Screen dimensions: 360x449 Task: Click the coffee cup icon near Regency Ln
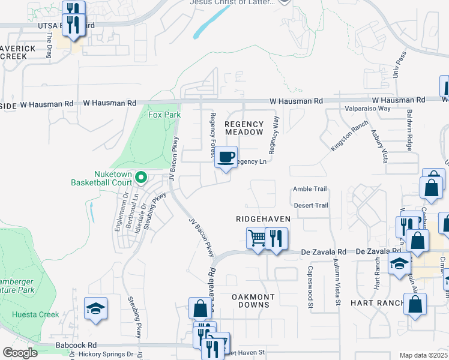click(x=226, y=158)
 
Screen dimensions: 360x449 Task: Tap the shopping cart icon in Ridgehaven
click(x=257, y=238)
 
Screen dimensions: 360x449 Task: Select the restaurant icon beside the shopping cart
click(x=276, y=238)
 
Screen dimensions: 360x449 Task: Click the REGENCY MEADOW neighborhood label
click(x=244, y=128)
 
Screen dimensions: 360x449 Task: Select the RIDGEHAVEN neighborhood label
click(x=263, y=219)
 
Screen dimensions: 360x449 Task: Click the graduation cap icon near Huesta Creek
click(x=96, y=309)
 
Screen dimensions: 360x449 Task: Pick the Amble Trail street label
click(x=310, y=189)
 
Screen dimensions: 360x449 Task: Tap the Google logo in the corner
click(x=19, y=353)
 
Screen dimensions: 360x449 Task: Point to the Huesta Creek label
click(x=36, y=314)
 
